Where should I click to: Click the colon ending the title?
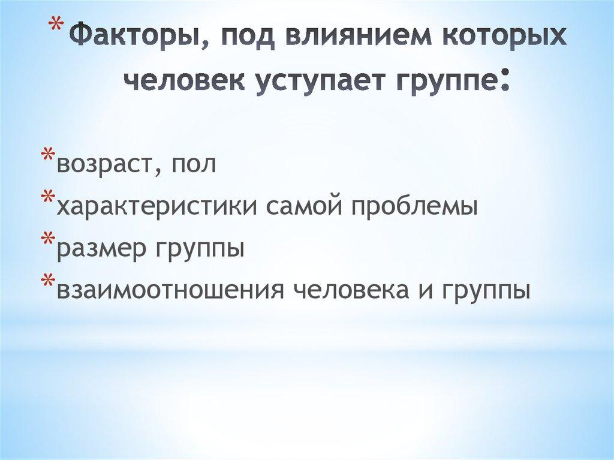(504, 81)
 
